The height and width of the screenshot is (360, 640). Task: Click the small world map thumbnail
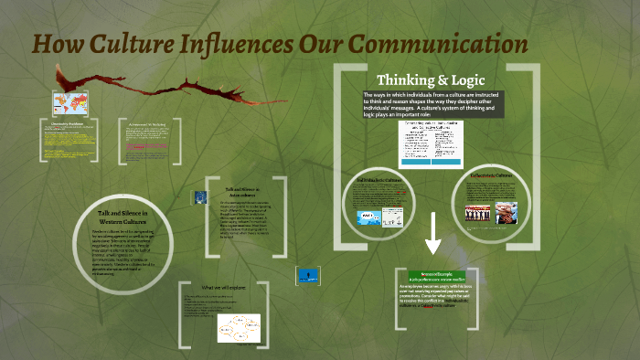click(67, 101)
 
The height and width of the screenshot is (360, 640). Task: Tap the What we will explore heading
click(225, 287)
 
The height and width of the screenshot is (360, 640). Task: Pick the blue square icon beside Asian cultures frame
click(197, 196)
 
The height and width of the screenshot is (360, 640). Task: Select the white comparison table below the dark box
click(426, 142)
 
